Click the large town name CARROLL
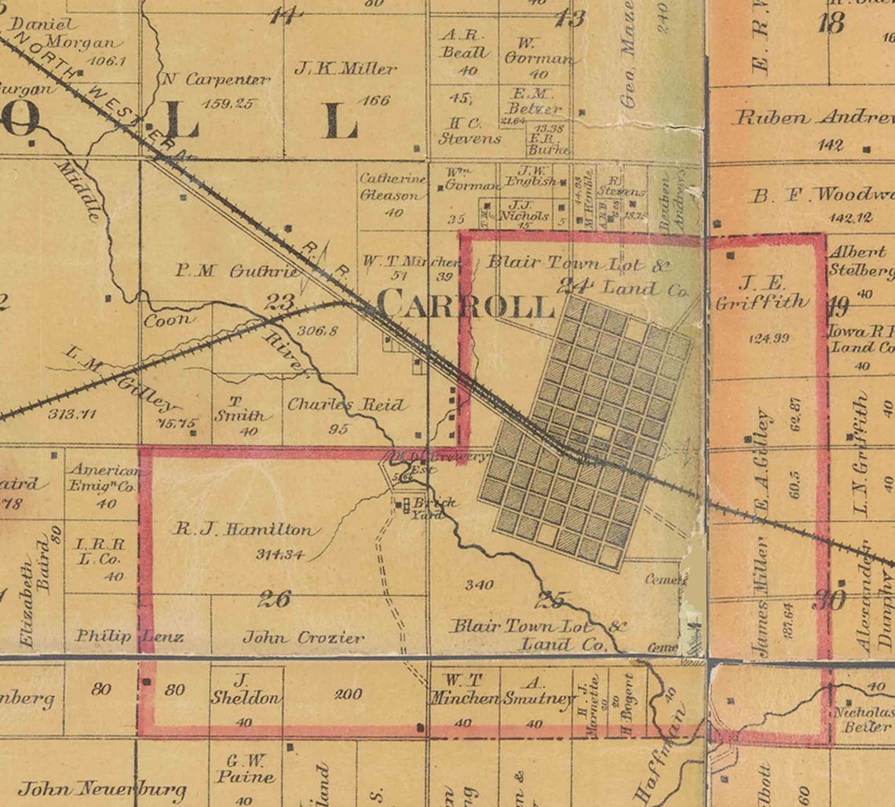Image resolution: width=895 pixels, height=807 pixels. (x=465, y=305)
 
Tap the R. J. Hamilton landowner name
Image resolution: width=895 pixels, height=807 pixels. (x=243, y=530)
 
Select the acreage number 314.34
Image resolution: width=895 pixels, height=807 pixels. (x=279, y=554)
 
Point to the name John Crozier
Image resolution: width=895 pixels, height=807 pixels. (x=303, y=637)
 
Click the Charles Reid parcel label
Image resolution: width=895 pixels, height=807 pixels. (x=346, y=405)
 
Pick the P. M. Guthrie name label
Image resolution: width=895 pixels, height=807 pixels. (x=237, y=272)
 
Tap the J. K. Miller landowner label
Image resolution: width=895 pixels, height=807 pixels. (x=345, y=69)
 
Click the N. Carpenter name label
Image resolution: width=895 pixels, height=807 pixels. (x=217, y=79)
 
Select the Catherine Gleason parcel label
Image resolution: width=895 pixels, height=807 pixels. (x=393, y=187)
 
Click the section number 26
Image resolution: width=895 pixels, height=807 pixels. (x=274, y=600)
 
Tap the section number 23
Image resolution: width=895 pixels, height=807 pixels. (x=280, y=301)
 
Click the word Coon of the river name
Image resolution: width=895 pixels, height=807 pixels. (x=168, y=320)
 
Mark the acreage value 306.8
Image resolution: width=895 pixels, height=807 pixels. (x=318, y=330)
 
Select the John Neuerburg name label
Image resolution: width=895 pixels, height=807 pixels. (x=102, y=789)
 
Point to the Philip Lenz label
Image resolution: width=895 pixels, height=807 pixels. (x=129, y=636)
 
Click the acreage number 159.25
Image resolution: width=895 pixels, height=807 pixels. (x=228, y=103)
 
